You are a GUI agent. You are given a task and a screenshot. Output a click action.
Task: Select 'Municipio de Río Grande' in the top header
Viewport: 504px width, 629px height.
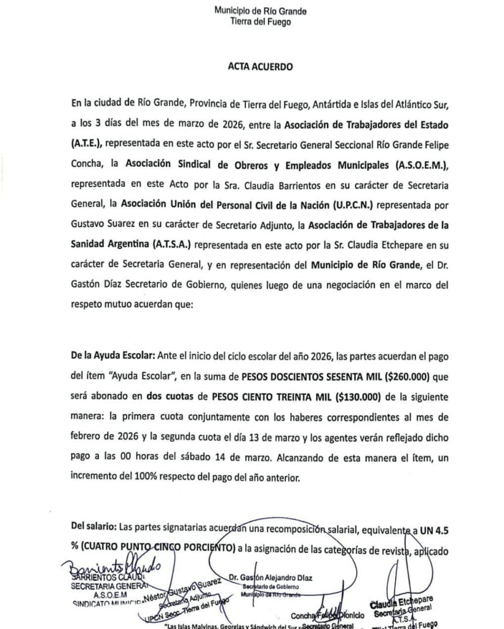coord(252,11)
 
